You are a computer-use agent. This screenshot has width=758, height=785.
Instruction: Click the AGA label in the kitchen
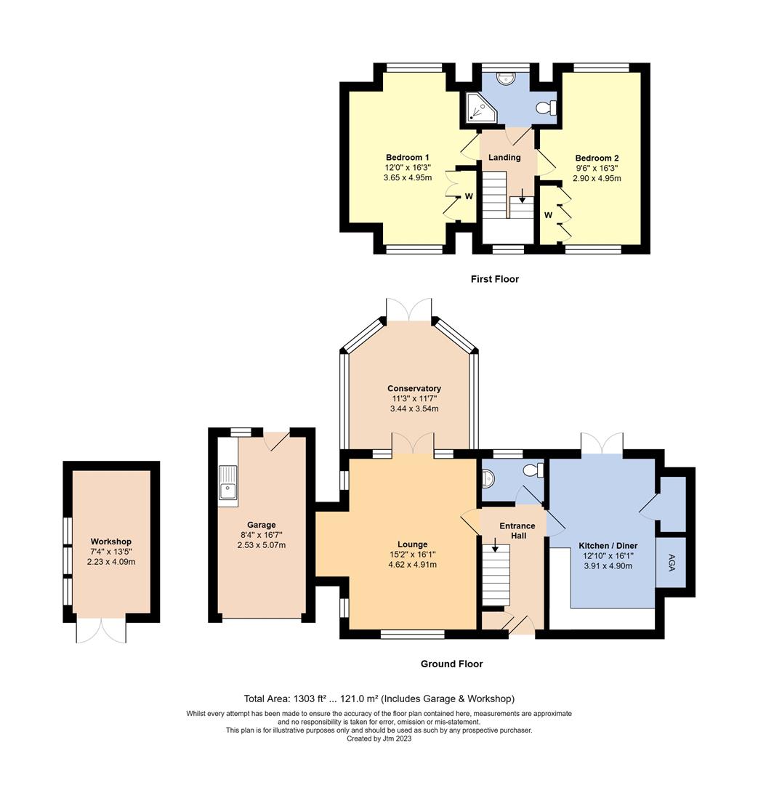click(x=670, y=562)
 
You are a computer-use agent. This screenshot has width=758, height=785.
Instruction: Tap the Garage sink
click(x=227, y=481)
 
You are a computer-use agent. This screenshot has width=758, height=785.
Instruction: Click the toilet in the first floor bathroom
click(x=545, y=108)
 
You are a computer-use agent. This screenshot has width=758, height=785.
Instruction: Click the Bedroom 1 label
click(x=407, y=158)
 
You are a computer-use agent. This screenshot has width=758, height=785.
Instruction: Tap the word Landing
click(x=504, y=158)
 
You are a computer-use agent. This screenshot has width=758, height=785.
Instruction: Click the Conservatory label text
click(x=414, y=389)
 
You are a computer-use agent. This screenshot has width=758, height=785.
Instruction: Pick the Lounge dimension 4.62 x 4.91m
click(x=412, y=565)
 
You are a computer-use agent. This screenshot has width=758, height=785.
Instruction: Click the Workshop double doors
click(x=101, y=629)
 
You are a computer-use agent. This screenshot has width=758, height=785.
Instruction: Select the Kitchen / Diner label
click(x=608, y=545)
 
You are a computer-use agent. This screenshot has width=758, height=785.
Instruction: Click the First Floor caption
click(x=494, y=279)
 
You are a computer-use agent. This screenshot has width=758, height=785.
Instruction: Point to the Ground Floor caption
click(x=451, y=664)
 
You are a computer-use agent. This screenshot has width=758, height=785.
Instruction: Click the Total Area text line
click(x=379, y=699)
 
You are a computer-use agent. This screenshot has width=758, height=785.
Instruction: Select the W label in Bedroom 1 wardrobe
click(x=469, y=196)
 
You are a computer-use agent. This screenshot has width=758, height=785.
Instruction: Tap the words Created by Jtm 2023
click(x=379, y=738)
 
